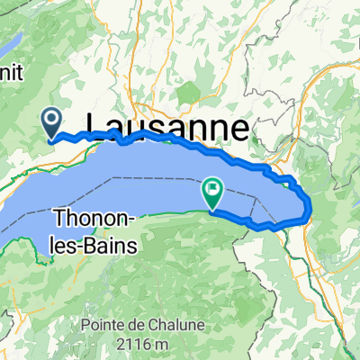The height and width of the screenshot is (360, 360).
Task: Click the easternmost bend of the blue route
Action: [310, 210]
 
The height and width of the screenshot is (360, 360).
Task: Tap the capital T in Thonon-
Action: [62, 218]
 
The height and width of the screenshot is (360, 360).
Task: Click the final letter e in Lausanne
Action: [239, 129]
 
